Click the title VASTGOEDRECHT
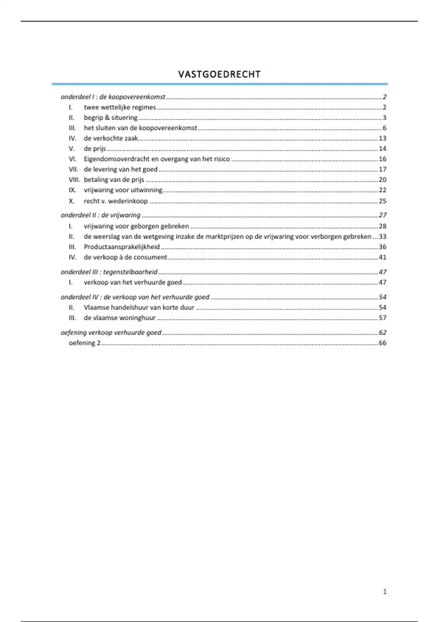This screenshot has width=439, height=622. [219, 74]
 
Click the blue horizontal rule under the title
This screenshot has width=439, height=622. [219, 84]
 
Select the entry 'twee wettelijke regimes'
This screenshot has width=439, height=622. [120, 107]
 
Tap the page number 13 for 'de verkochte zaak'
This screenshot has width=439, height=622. [382, 138]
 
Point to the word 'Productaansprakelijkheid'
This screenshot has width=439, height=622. [121, 247]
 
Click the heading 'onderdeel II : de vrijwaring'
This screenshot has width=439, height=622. [100, 215]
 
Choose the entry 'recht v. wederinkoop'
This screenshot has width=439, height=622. [116, 201]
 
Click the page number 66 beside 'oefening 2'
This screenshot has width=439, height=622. [382, 343]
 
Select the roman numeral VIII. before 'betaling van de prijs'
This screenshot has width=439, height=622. [74, 180]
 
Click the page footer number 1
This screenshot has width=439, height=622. [384, 592]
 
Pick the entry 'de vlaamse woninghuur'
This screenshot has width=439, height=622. [120, 318]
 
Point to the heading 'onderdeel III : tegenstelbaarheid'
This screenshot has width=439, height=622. [109, 272]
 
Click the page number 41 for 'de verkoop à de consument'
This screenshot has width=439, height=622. [382, 257]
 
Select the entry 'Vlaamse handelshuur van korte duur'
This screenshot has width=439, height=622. [139, 307]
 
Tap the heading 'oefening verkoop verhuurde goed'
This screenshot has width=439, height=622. [111, 333]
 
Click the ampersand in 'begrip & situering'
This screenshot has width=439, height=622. [107, 117]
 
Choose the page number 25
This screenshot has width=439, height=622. [382, 201]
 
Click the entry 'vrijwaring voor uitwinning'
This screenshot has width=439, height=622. [123, 190]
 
